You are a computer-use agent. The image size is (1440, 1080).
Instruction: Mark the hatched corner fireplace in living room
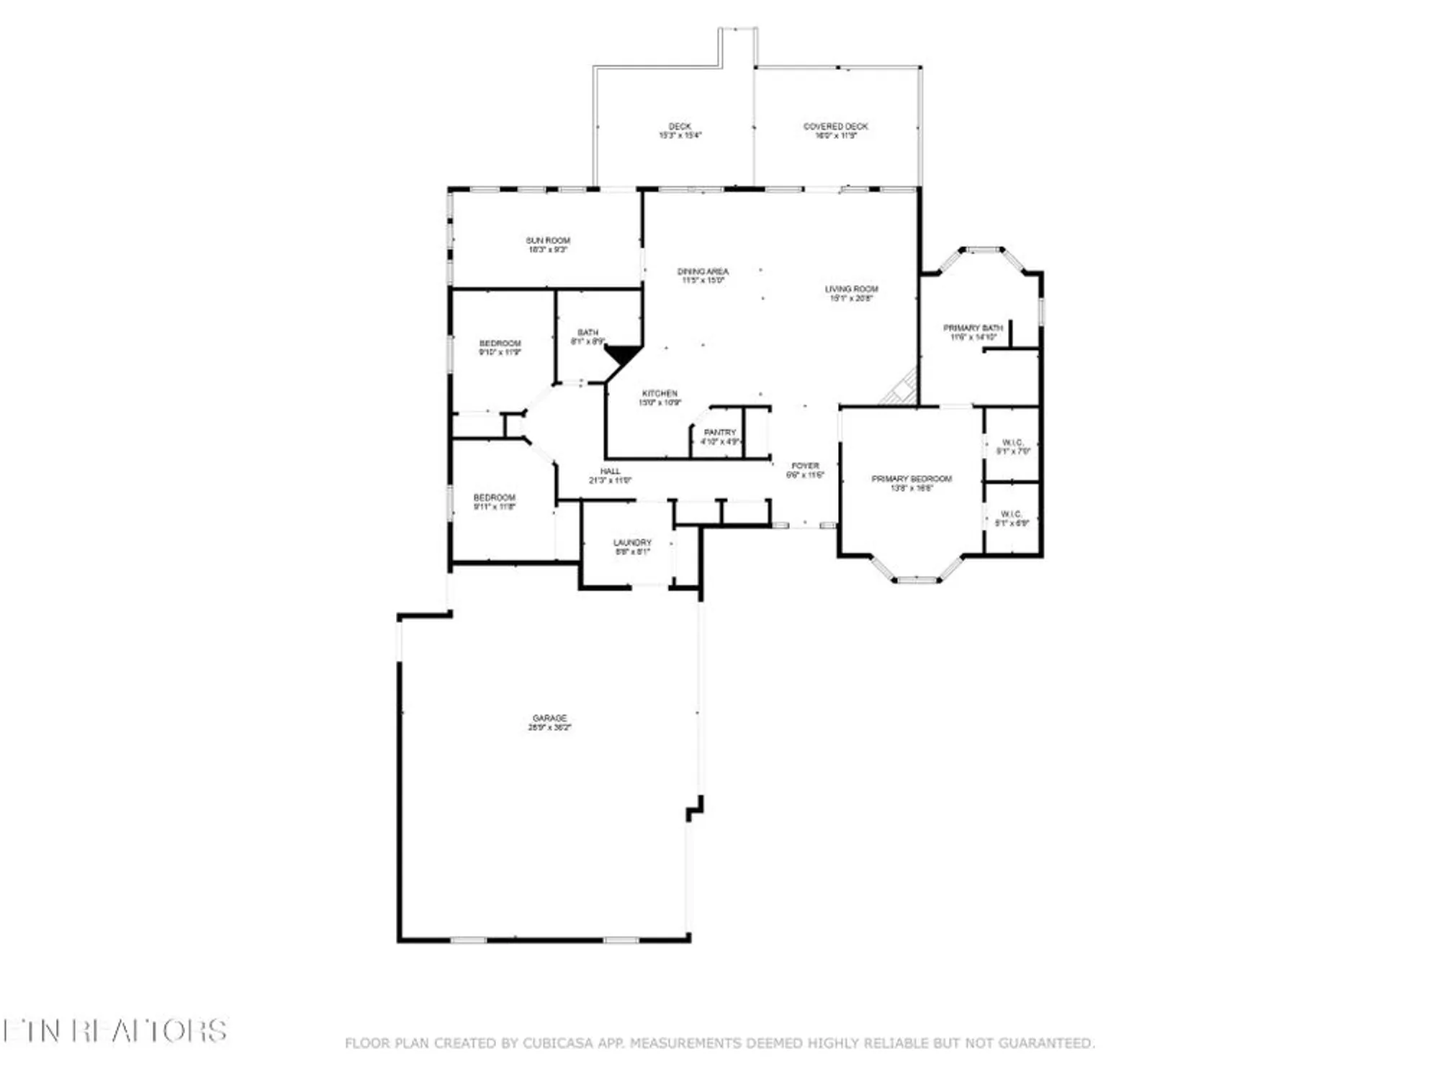click(901, 391)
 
